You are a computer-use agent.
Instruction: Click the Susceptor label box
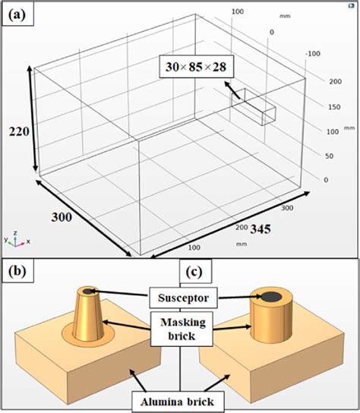(x=180, y=294)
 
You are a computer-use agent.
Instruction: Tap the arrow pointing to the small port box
(x=236, y=93)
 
